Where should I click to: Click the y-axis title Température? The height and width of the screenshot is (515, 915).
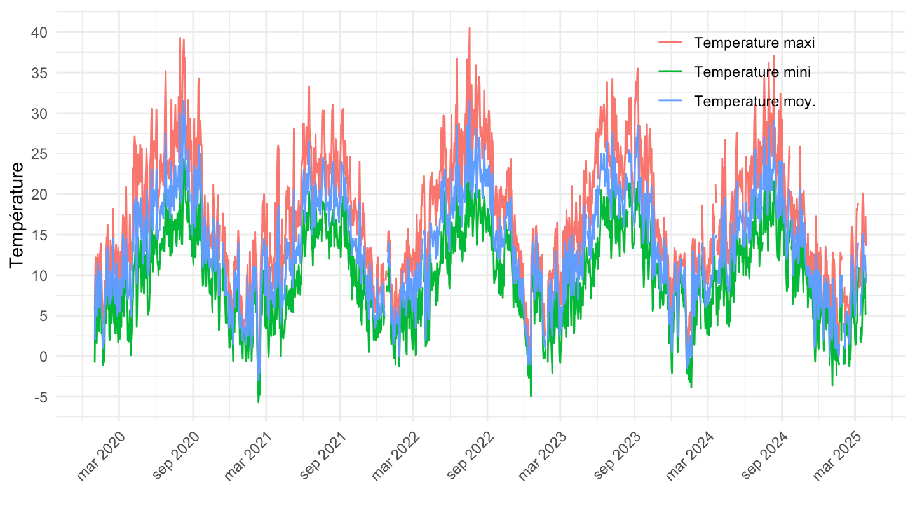tap(17, 214)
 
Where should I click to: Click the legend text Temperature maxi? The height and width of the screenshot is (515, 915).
tap(754, 43)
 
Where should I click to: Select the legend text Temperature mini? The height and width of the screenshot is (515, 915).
tap(752, 72)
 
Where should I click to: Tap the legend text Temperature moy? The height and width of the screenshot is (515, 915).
tap(755, 102)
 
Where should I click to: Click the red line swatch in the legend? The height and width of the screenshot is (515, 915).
tap(670, 43)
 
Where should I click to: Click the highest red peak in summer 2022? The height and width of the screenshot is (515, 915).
tap(470, 29)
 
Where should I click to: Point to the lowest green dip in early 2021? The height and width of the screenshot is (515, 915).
tap(259, 402)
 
